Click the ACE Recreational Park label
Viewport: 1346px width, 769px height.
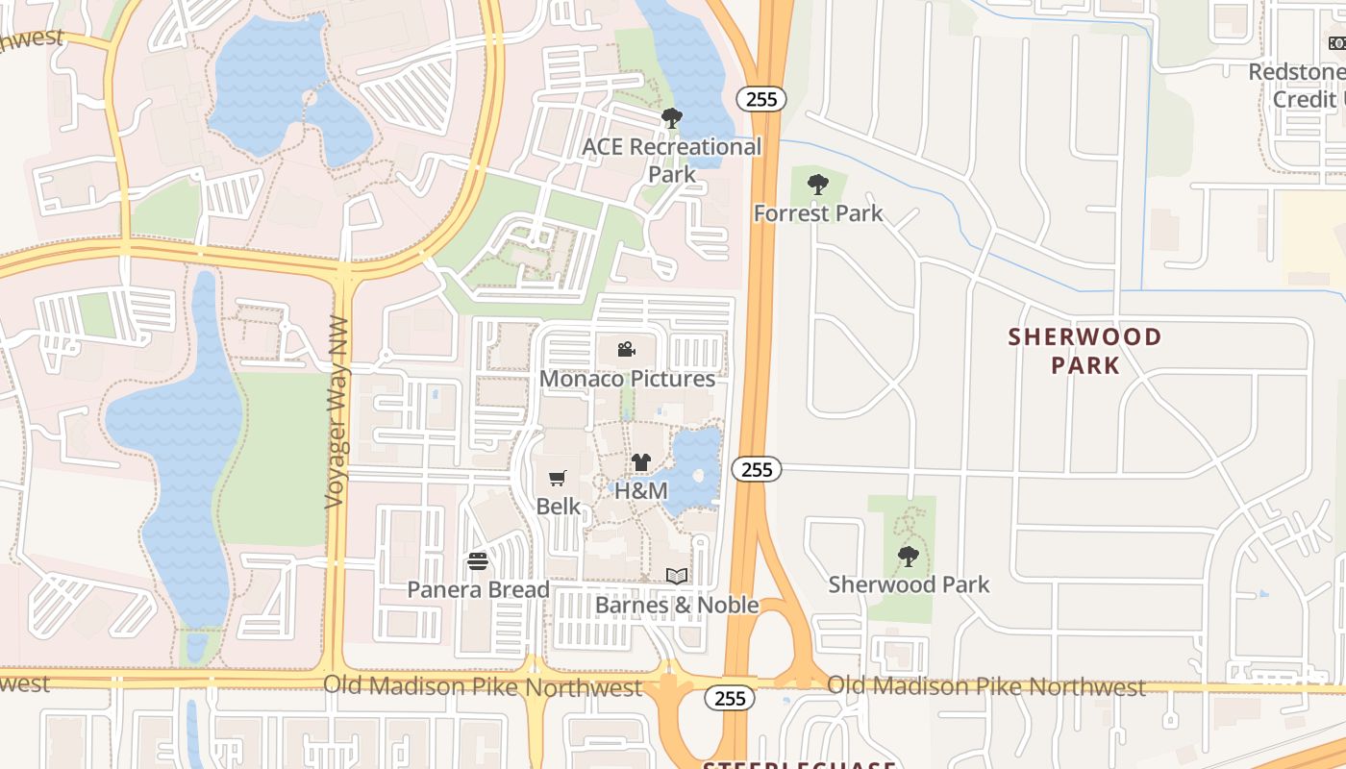672,161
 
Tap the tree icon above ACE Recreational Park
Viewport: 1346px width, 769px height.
672,118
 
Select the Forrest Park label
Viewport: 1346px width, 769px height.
818,212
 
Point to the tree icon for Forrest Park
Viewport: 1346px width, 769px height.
818,184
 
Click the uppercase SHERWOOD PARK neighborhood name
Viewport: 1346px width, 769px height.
1085,351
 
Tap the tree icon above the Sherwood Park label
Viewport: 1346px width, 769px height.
908,556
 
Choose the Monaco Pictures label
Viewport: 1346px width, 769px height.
627,379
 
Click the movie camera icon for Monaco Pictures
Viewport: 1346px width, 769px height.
627,349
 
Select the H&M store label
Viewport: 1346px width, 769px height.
640,490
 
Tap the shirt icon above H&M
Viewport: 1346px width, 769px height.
641,462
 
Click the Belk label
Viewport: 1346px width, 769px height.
559,506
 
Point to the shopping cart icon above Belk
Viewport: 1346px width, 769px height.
557,478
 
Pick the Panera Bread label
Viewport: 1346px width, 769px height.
479,589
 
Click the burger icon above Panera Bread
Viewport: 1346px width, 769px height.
478,561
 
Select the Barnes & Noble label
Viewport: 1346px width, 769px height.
677,605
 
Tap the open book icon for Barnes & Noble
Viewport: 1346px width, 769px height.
677,576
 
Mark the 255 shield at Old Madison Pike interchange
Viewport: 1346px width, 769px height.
731,698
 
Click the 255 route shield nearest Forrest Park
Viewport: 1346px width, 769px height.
762,98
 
